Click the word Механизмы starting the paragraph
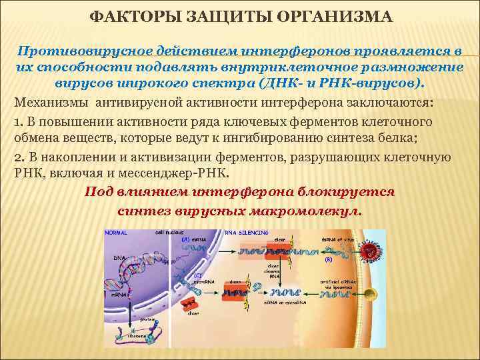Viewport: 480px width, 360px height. click(x=51, y=104)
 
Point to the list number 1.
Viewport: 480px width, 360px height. click(x=17, y=122)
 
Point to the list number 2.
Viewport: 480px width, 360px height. click(x=18, y=158)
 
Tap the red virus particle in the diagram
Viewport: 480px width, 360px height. click(x=368, y=251)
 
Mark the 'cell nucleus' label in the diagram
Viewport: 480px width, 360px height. click(x=167, y=233)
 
